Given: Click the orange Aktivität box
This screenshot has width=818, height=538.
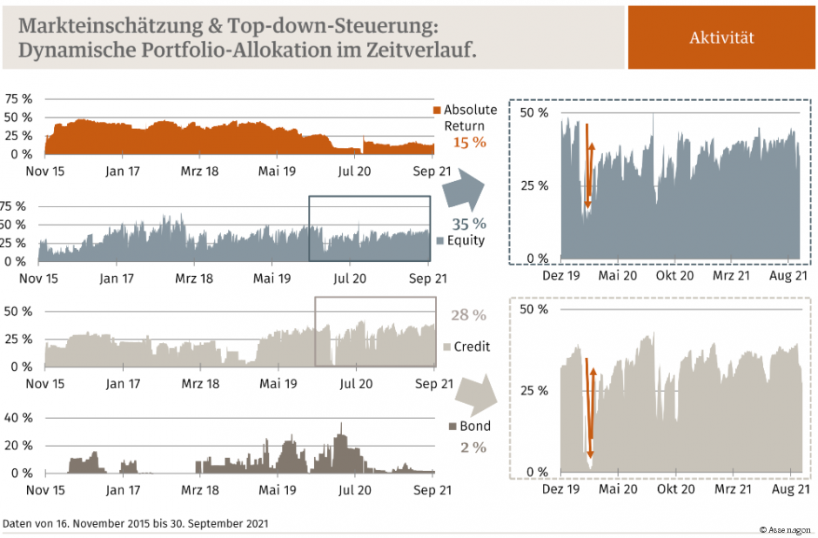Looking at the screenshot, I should pos(721,37).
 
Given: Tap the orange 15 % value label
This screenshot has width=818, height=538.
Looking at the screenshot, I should pos(469,142).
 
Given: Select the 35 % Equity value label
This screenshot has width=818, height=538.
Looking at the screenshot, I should pos(467,224).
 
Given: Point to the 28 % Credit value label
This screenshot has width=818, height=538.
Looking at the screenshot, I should pos(467,315).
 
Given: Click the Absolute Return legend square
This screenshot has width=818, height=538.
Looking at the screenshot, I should pos(438,110).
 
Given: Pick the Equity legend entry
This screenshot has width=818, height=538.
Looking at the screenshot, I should pos(460,240).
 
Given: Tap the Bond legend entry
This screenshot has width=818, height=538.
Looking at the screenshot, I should pos(469,427).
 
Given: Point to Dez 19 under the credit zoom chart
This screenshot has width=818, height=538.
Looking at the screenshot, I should pos(560,490).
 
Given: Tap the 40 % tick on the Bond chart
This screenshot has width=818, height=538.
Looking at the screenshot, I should pos(18,418).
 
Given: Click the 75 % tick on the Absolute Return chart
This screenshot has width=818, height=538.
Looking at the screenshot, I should pos(18,98).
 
